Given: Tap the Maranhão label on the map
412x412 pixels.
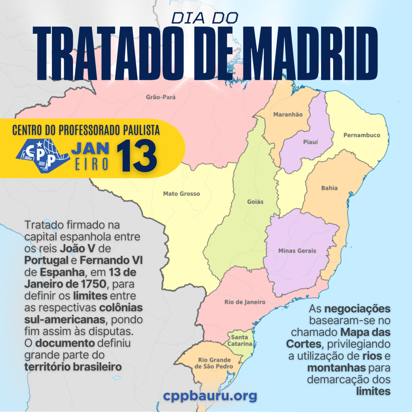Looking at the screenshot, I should coord(288,115).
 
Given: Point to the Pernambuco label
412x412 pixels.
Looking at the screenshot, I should coord(361,135).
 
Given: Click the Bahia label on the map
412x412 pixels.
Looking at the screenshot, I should coord(329,188).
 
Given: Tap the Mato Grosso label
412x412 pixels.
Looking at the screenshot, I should coord(181,194).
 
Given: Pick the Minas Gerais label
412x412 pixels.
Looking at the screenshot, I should coord(297,251).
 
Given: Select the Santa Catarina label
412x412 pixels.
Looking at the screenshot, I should coord(240,340).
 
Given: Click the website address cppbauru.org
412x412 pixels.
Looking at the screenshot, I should coord(210,396).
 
